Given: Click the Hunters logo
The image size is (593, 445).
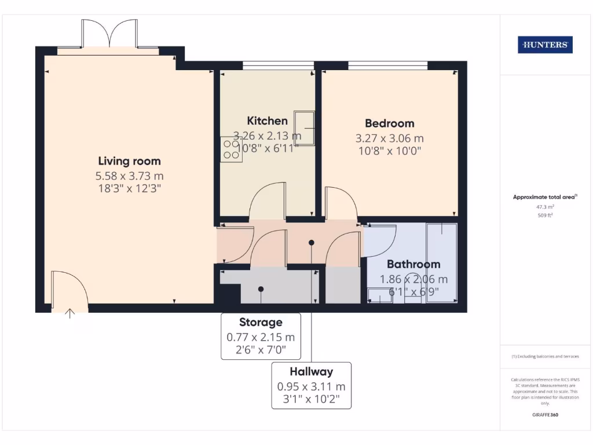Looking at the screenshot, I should coord(545,45).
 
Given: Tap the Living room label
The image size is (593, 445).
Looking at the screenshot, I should coord(129,161).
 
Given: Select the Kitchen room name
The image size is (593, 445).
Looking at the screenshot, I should coord(267,121).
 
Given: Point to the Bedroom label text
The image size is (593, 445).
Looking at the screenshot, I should coord(389,123).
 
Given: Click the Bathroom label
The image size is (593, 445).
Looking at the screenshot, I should coord(413,264).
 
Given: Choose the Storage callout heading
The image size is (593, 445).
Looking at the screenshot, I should coord(261,322).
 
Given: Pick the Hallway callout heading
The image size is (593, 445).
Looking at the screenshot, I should coord(312,371).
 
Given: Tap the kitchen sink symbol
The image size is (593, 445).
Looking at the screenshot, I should coord(304,126).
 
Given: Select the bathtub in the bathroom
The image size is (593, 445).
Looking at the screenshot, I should coord(441,263).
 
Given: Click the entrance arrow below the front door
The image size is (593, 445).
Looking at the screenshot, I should coord(71,313).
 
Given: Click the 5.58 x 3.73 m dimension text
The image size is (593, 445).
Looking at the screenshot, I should coord(129,176).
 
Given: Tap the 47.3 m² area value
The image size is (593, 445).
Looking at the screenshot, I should coord(545,206).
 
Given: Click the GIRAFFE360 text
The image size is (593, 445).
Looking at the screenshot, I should coord(545,415).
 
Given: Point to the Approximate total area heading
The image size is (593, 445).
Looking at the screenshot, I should coord(544,197).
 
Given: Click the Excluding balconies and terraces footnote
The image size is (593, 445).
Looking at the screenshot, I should coord(545,356).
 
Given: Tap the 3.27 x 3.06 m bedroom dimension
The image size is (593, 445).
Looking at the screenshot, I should coord(389,138).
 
